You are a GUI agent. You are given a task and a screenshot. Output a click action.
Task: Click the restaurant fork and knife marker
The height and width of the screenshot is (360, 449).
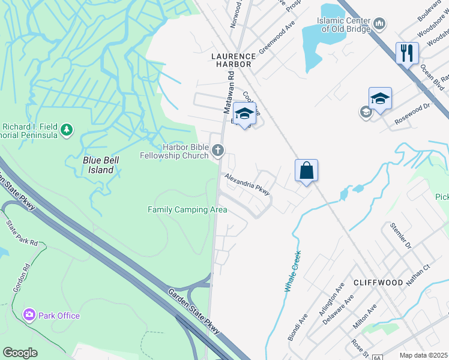pos(407,53)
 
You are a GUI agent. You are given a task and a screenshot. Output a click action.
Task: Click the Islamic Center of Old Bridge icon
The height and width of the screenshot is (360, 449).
pos(379,24)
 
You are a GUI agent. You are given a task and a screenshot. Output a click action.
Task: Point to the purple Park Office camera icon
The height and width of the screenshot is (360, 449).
pos(29,315)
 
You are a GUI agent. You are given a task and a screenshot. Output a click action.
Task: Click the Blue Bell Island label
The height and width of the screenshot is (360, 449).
pos(98,165)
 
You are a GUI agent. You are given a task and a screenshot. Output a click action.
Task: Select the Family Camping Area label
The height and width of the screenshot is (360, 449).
pos(187,209)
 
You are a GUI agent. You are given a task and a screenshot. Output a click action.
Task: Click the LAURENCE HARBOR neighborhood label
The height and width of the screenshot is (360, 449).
pos(234,56)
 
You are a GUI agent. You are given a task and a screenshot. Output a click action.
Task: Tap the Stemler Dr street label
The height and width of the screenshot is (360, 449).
pos(400,236)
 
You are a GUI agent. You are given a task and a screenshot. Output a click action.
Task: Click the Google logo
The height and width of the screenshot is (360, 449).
pos(20,353)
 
